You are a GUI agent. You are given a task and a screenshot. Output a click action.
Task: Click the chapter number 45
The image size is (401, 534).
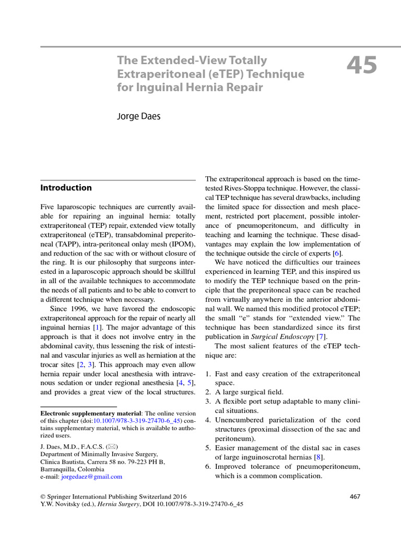361,66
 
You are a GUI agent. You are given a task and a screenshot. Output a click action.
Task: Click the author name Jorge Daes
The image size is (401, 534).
138,116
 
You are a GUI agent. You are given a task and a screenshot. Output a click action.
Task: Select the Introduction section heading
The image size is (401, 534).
66,188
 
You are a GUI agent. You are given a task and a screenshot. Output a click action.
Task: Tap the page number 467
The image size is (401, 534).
355,496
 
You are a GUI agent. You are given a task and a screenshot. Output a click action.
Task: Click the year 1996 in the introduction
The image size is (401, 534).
73,309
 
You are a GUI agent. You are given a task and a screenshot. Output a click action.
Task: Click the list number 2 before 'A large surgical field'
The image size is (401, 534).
207,392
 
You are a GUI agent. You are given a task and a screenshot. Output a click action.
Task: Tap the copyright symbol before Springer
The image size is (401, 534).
43,496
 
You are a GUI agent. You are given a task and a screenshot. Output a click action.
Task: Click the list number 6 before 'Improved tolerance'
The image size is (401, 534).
207,467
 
